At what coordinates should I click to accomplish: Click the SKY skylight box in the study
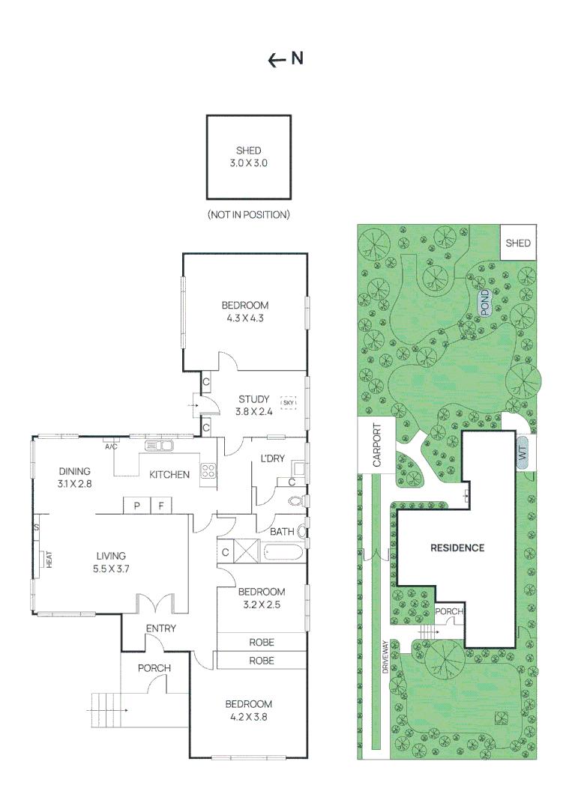coord(288,403)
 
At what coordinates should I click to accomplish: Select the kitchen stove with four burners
coord(208,472)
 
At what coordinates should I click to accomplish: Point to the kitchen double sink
coord(159,446)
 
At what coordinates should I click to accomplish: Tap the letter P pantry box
coord(137,506)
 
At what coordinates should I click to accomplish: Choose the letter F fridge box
coord(160,506)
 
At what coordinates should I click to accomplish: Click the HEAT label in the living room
coord(49,559)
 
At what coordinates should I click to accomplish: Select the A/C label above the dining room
coord(111,446)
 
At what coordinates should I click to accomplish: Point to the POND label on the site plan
coord(484,301)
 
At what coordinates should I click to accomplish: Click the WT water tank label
coord(522,452)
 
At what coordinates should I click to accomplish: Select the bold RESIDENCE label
coord(457,548)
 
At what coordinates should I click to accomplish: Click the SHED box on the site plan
coord(518,243)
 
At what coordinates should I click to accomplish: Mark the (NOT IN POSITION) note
coord(248,215)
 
